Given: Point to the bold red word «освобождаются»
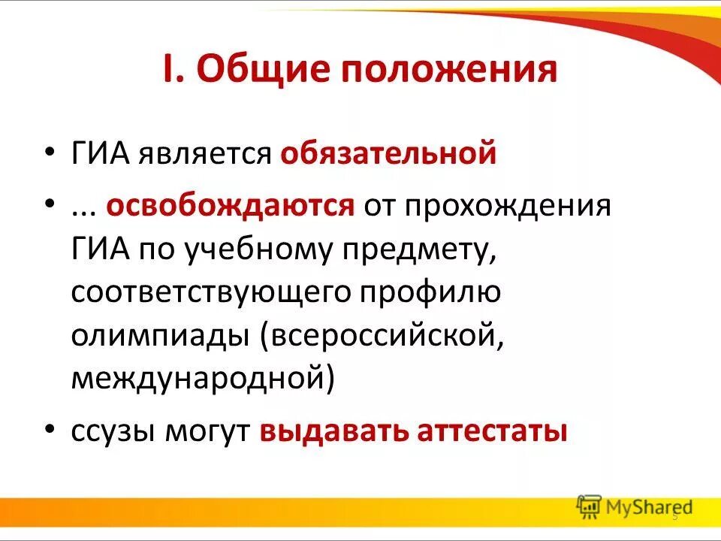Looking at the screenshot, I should tap(230, 206).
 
